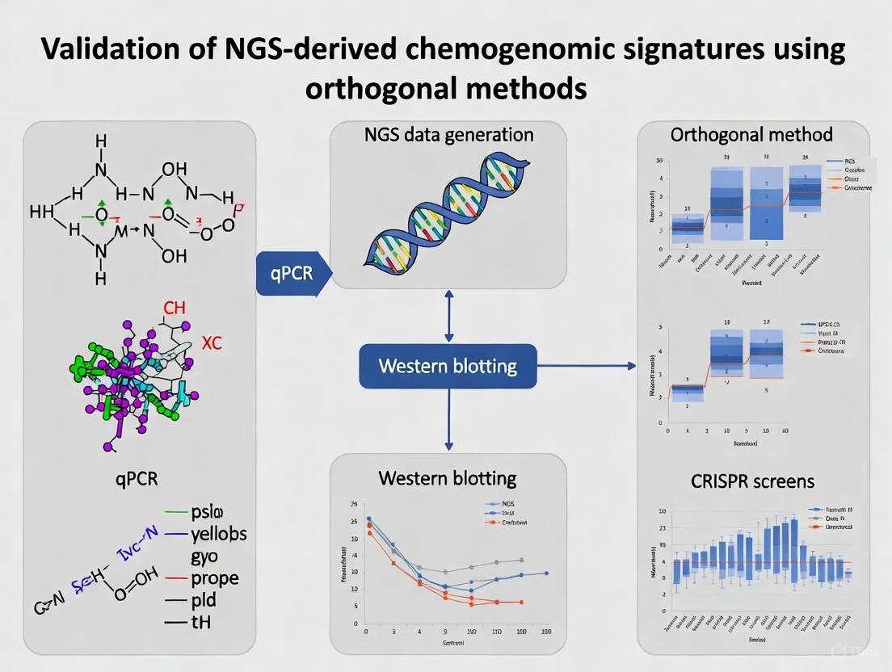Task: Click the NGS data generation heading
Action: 448,135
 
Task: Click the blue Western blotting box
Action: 448,366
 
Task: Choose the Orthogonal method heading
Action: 752,135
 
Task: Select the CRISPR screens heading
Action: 753,481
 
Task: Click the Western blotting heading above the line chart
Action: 448,477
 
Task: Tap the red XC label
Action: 212,343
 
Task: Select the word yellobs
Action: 219,534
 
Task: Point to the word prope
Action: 215,578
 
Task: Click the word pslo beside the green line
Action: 208,512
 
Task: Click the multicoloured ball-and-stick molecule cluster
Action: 133,380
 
